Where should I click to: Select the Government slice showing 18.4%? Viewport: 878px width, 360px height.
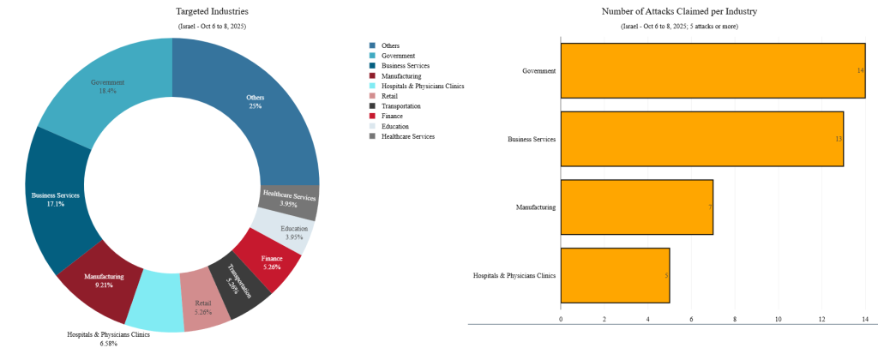click(x=107, y=86)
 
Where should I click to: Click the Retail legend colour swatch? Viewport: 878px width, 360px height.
click(x=371, y=96)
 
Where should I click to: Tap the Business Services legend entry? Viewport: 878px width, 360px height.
click(x=406, y=66)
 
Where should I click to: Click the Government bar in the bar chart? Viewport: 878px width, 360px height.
click(x=712, y=69)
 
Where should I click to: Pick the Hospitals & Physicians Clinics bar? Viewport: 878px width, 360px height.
click(x=614, y=275)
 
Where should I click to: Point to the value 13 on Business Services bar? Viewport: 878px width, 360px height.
click(x=837, y=138)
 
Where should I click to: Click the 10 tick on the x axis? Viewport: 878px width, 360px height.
click(x=779, y=319)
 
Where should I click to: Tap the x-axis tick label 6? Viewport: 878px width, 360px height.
click(x=691, y=319)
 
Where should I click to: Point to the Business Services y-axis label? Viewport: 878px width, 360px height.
click(x=532, y=138)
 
